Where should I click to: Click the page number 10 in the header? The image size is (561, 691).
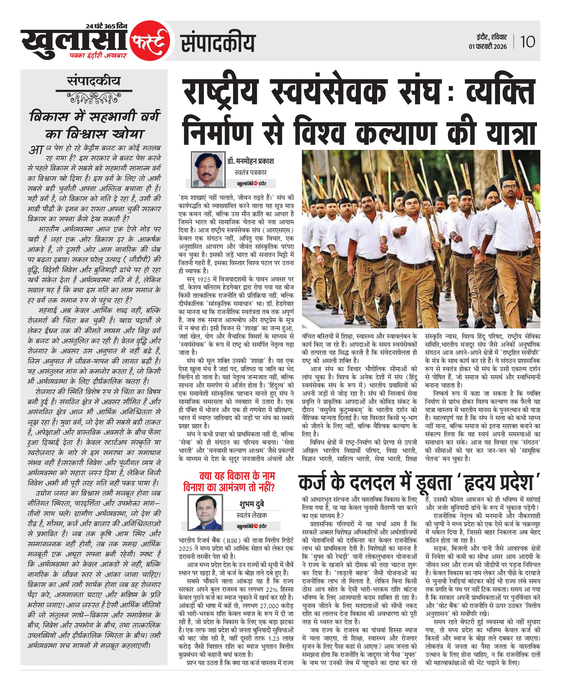tap(527, 42)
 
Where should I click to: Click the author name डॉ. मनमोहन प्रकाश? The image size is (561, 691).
tap(250, 161)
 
